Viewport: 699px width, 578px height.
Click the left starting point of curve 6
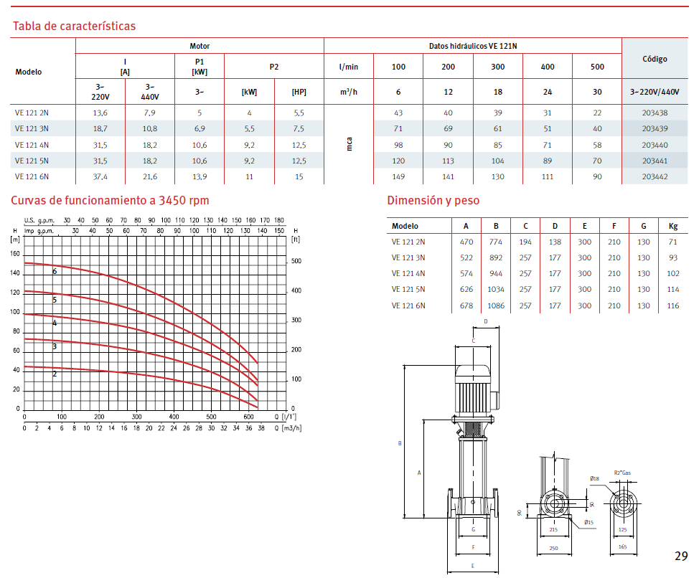click(24, 262)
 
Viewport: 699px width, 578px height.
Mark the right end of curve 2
click(258, 407)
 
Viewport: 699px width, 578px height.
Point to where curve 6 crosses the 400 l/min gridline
click(174, 304)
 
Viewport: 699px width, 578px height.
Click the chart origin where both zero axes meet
click(24, 409)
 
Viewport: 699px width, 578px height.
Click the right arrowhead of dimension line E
click(497, 572)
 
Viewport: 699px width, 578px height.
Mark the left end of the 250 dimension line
click(538, 554)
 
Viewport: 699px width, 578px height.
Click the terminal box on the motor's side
click(494, 400)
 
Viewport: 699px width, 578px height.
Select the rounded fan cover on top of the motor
click(473, 374)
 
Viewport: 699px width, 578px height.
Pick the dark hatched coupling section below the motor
click(473, 430)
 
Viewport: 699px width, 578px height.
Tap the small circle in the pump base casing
click(473, 502)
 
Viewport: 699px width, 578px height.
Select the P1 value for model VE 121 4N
click(200, 145)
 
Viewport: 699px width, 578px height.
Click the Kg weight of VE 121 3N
click(672, 258)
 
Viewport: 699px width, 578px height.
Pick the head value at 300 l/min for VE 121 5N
click(497, 161)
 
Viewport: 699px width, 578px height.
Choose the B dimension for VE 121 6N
click(496, 306)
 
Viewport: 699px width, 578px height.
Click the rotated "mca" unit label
click(349, 144)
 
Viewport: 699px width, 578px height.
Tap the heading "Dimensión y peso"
click(433, 200)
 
